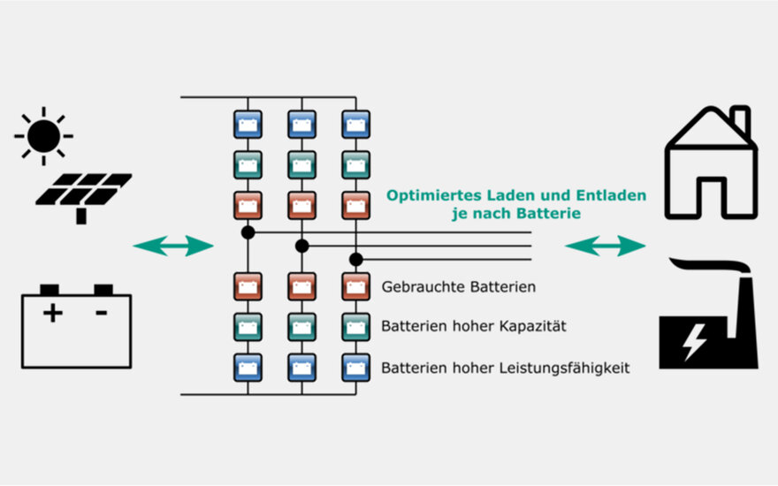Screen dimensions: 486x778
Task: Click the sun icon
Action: click(43, 136)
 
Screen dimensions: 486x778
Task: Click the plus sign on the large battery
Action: click(52, 312)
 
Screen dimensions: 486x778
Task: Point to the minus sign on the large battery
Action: click(102, 312)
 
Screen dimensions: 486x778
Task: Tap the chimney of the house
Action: click(741, 122)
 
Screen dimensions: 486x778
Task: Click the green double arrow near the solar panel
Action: click(173, 247)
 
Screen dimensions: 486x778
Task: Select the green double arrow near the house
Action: click(606, 247)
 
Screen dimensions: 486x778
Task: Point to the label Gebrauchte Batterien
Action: click(458, 287)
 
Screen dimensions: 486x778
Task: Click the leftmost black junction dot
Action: click(248, 233)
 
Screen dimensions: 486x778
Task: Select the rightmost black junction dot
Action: click(356, 259)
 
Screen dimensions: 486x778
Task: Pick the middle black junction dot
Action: click(301, 246)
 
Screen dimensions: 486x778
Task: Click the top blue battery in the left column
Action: click(248, 125)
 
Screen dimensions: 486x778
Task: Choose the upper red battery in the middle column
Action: click(301, 206)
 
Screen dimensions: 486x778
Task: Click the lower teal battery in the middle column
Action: click(301, 327)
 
